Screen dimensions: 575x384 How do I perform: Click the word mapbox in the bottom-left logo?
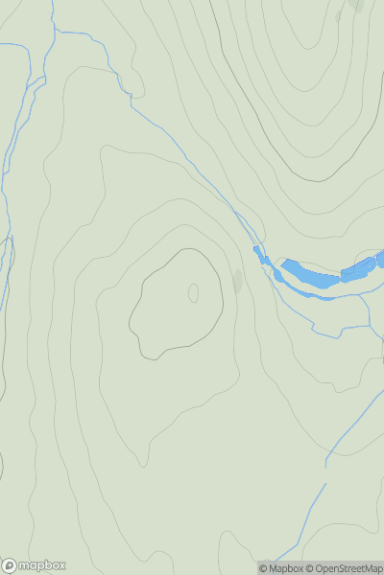[x=45, y=565]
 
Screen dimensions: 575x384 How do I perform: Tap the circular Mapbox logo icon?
[x=10, y=565]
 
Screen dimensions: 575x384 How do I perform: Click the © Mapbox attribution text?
[x=281, y=568]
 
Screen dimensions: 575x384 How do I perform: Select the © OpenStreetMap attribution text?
[x=344, y=568]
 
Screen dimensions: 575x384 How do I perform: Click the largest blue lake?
[x=310, y=273]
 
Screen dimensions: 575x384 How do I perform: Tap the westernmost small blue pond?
[x=258, y=253]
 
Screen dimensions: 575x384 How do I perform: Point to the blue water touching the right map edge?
[x=380, y=259]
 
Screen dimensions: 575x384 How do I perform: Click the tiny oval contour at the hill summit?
[x=193, y=292]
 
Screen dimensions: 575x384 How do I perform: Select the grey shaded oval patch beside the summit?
[x=238, y=281]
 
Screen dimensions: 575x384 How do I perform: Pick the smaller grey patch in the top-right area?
[x=338, y=16]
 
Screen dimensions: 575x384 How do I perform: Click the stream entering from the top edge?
[x=54, y=14]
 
